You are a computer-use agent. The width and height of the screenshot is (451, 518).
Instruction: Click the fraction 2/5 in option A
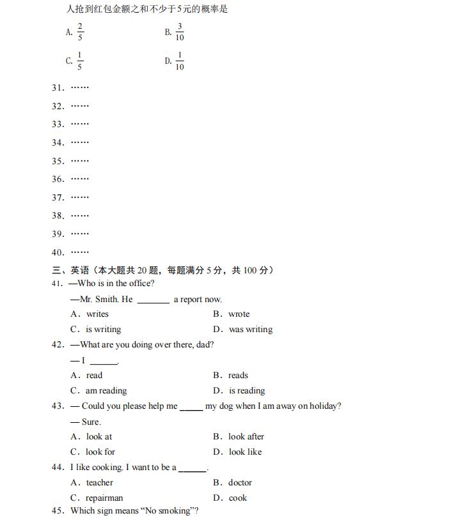tap(81, 32)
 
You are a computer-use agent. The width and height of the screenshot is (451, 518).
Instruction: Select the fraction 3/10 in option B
tap(180, 32)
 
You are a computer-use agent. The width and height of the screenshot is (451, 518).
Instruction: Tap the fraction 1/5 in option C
tap(80, 61)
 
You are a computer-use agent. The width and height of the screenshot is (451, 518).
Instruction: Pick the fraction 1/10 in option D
tap(180, 61)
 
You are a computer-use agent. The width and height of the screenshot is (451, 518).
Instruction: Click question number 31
tap(58, 88)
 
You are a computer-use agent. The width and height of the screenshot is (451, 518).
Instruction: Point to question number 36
tap(58, 179)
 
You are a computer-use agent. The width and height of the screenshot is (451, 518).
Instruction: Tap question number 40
tap(58, 252)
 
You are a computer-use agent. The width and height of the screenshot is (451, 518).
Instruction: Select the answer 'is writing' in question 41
tap(103, 330)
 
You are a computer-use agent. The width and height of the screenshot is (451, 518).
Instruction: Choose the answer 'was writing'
tap(250, 330)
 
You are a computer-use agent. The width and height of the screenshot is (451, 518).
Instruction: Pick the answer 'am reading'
tap(106, 391)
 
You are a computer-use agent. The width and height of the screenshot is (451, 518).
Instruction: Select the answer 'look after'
tap(246, 437)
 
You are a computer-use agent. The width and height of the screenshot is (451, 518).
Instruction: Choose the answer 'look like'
tap(244, 452)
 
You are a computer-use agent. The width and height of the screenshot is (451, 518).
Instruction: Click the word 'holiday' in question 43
tap(324, 406)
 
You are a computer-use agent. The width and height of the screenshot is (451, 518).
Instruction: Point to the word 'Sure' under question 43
tap(90, 422)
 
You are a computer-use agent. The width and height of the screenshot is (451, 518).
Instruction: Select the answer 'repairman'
tap(104, 498)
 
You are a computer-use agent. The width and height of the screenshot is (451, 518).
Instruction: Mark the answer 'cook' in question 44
tap(237, 498)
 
